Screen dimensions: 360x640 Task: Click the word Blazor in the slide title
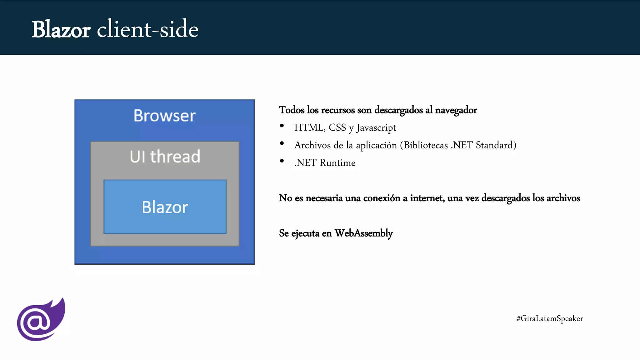[x=61, y=30]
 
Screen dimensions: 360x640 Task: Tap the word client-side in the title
[x=147, y=29]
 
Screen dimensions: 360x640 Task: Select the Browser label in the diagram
[x=164, y=116]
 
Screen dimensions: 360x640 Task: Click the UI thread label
[x=165, y=156]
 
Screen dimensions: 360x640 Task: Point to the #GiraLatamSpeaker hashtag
[x=549, y=318]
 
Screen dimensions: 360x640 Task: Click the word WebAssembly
[x=363, y=233]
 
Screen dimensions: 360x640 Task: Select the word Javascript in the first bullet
[x=376, y=127]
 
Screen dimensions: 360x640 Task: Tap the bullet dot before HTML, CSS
[x=282, y=126]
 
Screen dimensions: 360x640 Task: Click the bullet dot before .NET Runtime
[x=282, y=161]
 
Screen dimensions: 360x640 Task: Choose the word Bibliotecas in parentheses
[x=426, y=145]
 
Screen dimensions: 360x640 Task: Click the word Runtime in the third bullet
[x=337, y=163]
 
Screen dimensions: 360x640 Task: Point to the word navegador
[x=456, y=110]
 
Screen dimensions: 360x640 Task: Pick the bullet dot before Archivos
[x=282, y=143]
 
